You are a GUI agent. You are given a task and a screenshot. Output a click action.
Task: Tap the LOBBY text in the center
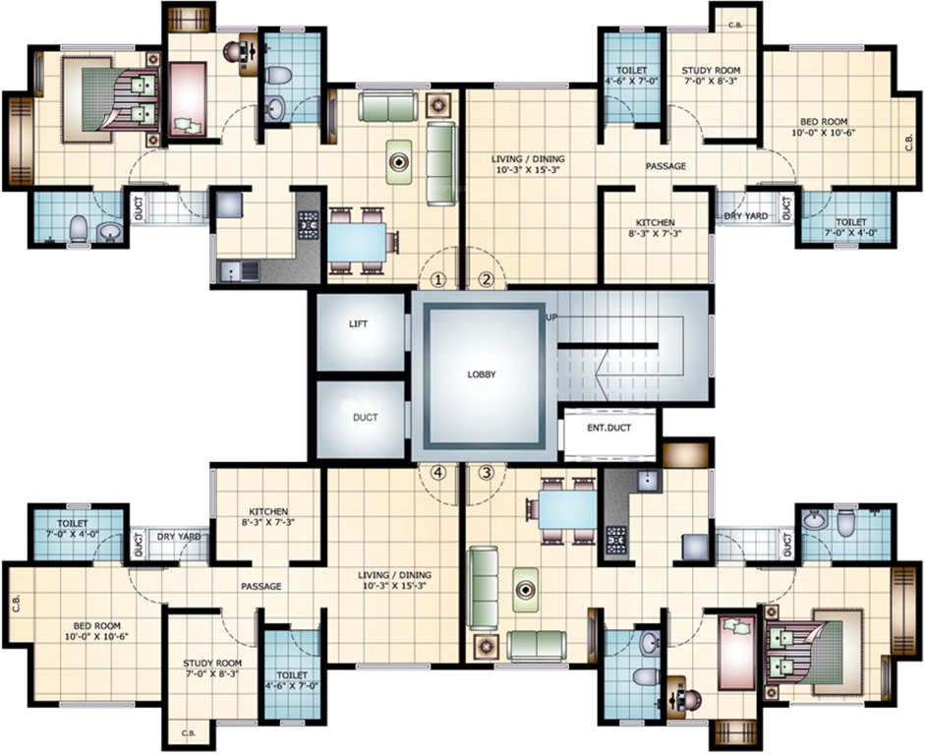click(x=481, y=375)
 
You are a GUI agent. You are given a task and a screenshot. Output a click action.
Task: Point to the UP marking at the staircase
click(x=550, y=318)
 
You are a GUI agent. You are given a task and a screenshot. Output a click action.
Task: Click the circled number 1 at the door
click(x=438, y=279)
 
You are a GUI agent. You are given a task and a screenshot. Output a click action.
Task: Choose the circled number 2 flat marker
click(x=485, y=279)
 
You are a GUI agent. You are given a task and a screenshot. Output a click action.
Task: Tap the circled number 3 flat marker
click(x=485, y=472)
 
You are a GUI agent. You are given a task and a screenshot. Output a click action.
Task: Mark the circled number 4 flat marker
click(x=438, y=472)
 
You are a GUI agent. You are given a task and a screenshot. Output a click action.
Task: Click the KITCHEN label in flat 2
click(x=654, y=222)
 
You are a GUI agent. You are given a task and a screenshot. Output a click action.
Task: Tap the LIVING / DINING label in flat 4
click(x=395, y=575)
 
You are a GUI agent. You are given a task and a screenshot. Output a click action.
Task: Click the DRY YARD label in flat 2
click(x=745, y=214)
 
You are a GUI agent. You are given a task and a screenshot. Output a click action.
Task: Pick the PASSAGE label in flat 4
click(x=261, y=586)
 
